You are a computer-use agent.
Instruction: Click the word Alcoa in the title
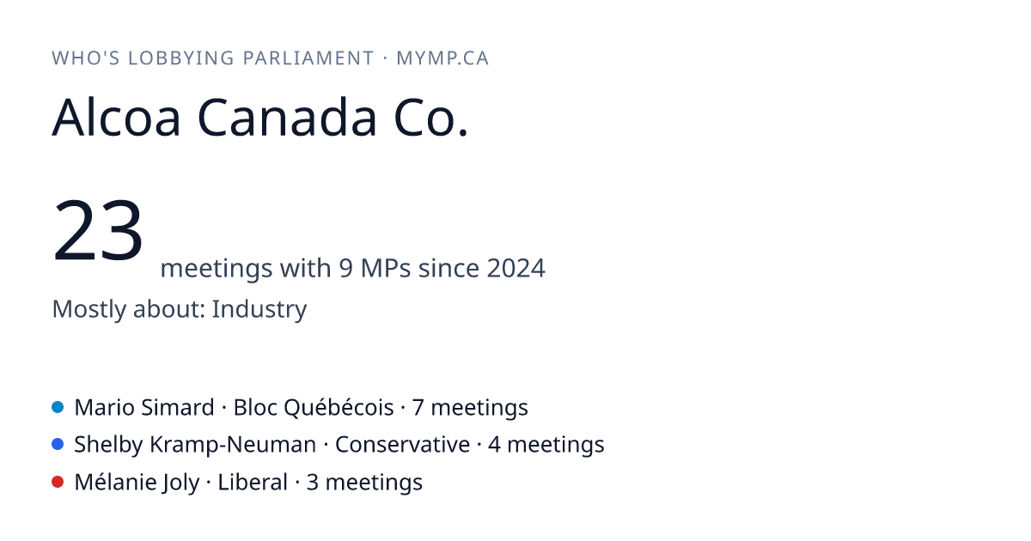click(116, 118)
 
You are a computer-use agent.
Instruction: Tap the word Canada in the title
click(287, 118)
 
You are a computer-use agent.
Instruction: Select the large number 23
click(98, 229)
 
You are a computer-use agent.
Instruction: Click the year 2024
click(516, 268)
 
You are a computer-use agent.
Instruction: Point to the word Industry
click(259, 309)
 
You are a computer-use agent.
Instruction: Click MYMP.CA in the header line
click(442, 58)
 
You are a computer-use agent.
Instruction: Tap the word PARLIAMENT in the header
click(308, 58)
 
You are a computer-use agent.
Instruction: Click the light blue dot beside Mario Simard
click(58, 407)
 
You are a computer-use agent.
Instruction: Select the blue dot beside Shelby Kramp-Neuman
click(58, 445)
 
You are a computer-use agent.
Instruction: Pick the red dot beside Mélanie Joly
click(58, 482)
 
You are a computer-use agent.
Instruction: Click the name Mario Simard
click(144, 408)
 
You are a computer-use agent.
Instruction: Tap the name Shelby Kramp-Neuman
click(195, 445)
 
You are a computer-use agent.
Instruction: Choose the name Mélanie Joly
click(137, 483)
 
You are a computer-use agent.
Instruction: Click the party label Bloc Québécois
click(314, 408)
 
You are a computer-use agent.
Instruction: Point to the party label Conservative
click(402, 445)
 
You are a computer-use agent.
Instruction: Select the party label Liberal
click(253, 483)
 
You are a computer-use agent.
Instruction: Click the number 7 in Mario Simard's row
click(418, 408)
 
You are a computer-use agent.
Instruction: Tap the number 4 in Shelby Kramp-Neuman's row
click(494, 445)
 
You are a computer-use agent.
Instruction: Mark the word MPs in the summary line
click(386, 268)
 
